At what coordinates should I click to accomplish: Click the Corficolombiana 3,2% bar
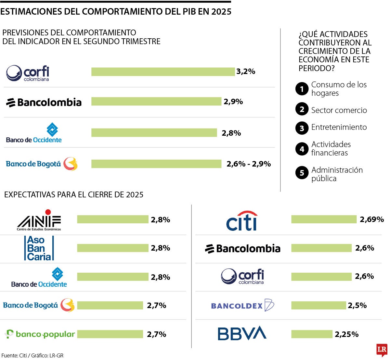(163, 72)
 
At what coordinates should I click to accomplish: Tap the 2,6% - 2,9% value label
(249, 164)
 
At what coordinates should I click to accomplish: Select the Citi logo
(242, 221)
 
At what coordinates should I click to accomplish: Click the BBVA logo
(242, 333)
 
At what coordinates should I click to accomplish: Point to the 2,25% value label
(346, 334)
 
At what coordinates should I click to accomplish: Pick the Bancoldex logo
(242, 305)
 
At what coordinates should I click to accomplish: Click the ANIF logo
(39, 220)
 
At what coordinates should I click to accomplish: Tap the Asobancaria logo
(39, 248)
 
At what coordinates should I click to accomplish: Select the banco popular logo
(40, 334)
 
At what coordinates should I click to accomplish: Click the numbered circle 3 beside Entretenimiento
(302, 128)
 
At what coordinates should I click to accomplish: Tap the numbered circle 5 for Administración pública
(302, 173)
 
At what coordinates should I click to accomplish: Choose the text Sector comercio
(339, 110)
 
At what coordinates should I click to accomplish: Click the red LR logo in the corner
(382, 350)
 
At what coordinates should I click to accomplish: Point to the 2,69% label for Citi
(372, 219)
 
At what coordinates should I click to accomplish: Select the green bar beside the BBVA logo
(312, 334)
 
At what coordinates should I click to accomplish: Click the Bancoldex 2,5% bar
(318, 305)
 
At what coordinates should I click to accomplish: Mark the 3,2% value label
(246, 71)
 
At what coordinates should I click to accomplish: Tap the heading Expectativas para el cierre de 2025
(74, 194)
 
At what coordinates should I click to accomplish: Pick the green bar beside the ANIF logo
(112, 219)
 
